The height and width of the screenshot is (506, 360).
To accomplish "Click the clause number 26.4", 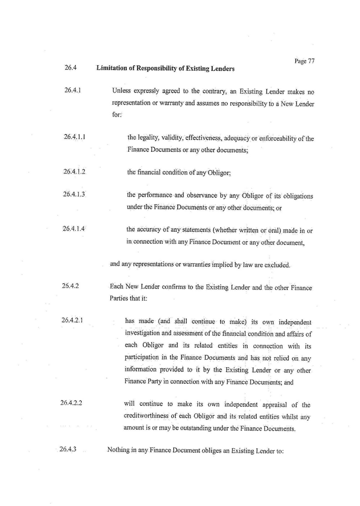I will coord(70,68).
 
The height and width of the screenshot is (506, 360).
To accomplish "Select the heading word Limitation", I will coord(113,68).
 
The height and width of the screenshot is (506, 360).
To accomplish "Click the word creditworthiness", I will coord(149,415).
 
